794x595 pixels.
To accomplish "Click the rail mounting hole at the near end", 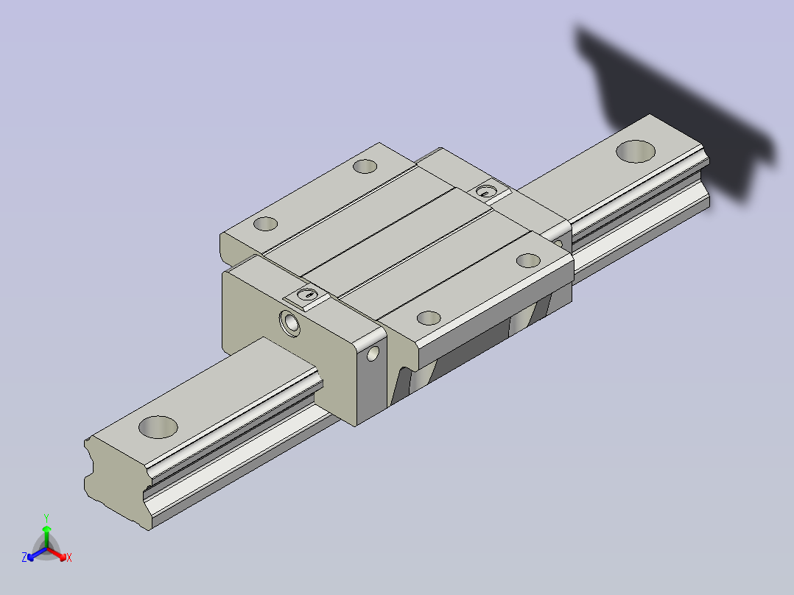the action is (158, 427).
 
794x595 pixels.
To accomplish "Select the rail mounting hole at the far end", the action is (636, 152).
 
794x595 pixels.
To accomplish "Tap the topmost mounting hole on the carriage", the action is (365, 166).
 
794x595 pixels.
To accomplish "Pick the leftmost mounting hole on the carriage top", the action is (265, 223).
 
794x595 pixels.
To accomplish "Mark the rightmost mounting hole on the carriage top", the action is (528, 261).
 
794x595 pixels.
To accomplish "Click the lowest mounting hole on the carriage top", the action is (429, 318).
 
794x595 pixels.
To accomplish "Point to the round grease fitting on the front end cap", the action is (289, 323).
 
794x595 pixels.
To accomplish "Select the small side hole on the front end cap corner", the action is (373, 353).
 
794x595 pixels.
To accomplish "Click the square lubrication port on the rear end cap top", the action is (487, 191).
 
